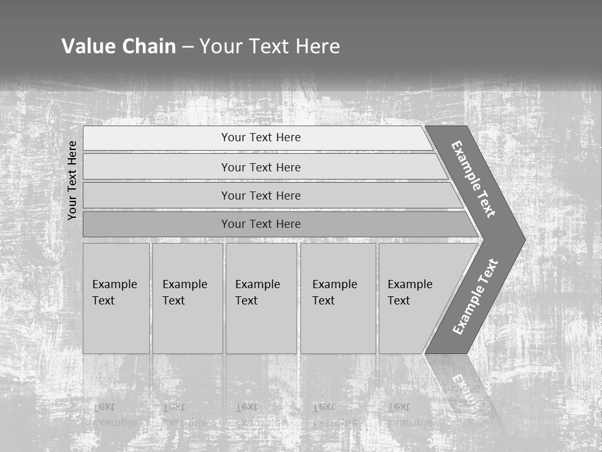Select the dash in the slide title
(187, 46)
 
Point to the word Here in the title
(317, 46)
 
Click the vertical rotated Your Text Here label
(72, 181)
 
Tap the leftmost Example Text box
(116, 298)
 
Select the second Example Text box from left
(187, 298)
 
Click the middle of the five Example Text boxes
(261, 298)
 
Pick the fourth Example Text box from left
(338, 298)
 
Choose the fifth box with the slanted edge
(414, 298)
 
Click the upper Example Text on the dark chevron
(473, 179)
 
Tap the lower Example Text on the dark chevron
(475, 296)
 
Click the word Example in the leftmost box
(114, 284)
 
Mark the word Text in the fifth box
(399, 301)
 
